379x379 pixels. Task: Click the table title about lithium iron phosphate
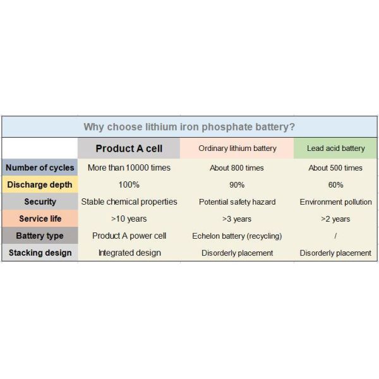[189, 126]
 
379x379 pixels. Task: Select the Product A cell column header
[129, 148]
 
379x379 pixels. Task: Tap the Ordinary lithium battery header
[237, 148]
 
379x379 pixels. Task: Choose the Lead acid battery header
[335, 148]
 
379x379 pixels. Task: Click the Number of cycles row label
[39, 167]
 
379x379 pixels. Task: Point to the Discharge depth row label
[39, 184]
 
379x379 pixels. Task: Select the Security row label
[40, 202]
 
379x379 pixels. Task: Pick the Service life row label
[39, 219]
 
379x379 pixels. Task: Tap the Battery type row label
[39, 236]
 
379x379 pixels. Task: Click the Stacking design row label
[39, 253]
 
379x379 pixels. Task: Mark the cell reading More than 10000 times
[129, 167]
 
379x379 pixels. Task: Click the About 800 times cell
[237, 168]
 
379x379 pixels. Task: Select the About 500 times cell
[335, 168]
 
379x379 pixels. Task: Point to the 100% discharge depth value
[129, 184]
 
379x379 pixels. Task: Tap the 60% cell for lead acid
[335, 185]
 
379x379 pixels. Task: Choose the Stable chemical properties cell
[129, 202]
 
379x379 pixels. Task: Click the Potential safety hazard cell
[237, 202]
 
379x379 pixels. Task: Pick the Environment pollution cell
[335, 202]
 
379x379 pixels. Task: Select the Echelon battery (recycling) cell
[237, 236]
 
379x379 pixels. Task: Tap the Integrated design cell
[129, 253]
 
